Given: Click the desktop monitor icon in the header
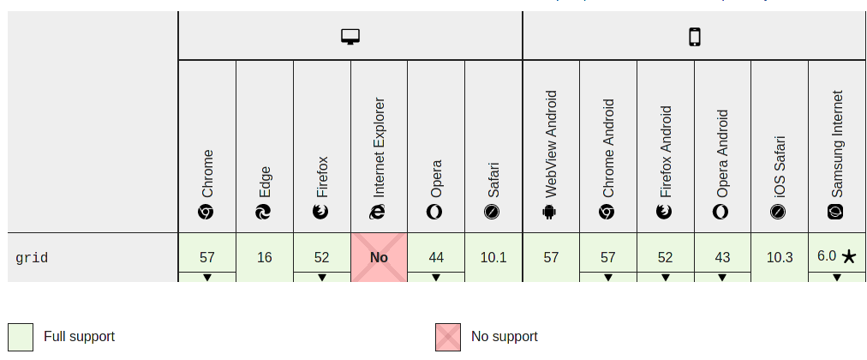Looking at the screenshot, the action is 350,36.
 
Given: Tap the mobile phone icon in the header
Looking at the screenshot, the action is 695,36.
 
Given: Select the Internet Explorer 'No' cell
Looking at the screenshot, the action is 379,257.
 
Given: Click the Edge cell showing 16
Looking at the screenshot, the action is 264,257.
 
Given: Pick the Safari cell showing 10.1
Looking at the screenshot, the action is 493,257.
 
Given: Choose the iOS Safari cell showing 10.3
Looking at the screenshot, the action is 780,257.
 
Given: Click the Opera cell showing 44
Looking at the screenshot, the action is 436,256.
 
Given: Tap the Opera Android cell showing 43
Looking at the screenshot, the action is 722,256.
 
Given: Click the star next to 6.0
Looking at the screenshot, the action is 848,256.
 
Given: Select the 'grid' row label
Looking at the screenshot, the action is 32,257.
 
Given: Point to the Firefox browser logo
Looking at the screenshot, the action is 321,211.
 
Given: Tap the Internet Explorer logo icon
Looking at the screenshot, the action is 378,211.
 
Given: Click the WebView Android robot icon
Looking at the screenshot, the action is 550,211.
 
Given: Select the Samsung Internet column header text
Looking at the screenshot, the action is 837,144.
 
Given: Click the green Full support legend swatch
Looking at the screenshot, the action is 21,337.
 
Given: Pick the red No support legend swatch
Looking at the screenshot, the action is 447,337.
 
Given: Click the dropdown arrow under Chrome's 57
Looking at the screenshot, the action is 207,278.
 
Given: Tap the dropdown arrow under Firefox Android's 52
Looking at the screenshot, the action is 665,278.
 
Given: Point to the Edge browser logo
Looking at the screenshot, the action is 264,211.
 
